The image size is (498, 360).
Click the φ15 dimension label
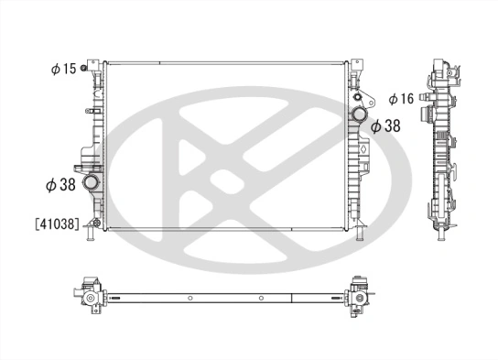point(64,69)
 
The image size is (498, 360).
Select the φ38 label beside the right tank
point(387,127)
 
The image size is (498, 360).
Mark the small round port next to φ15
point(84,69)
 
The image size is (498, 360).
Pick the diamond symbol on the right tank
point(361,146)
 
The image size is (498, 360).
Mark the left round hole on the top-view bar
point(189,298)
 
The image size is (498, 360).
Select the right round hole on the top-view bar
point(262,298)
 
